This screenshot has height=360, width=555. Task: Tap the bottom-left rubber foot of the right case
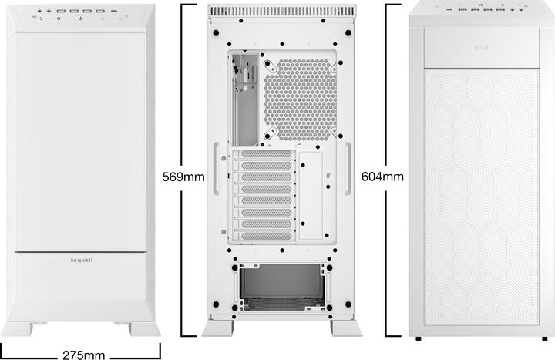tap(417, 338)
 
